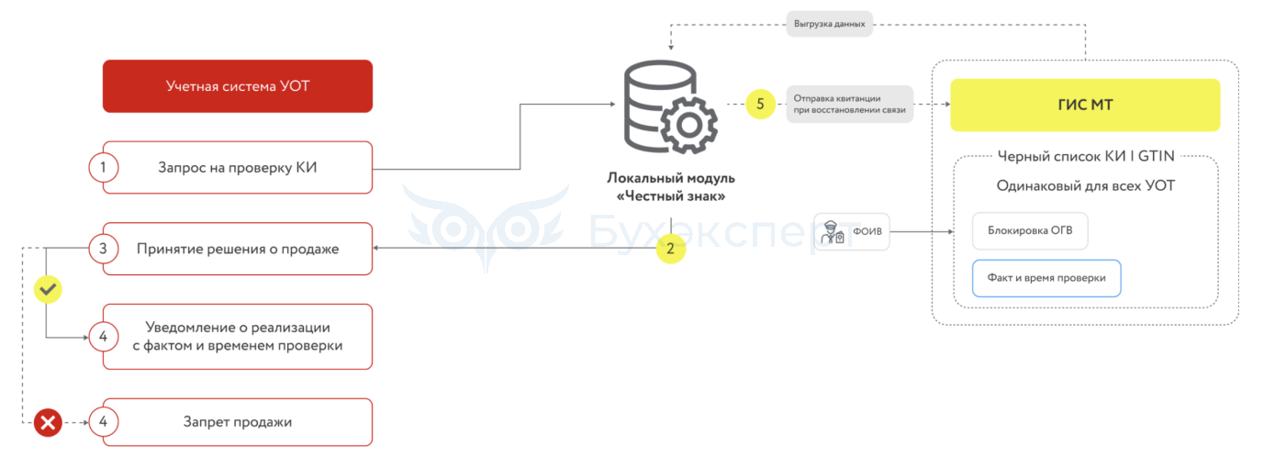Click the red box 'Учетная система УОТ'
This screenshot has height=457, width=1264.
point(238,86)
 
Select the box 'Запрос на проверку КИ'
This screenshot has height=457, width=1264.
point(238,168)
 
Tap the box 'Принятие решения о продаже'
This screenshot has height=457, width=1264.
point(238,249)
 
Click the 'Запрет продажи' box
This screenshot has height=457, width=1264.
point(238,422)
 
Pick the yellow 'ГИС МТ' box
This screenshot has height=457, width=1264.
point(1085,105)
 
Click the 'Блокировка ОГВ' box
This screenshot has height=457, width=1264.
point(1030,230)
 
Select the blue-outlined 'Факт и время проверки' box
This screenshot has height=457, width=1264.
point(1046,278)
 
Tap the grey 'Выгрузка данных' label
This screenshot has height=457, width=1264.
point(830,24)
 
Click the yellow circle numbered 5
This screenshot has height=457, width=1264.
point(760,104)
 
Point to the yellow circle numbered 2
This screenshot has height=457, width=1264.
point(670,249)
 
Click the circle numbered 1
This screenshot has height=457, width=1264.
point(103,168)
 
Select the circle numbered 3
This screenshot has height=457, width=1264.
point(103,249)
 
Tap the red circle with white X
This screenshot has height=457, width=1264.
point(48,422)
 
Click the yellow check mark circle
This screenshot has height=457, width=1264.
point(48,289)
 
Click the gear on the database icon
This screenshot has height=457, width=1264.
point(689,125)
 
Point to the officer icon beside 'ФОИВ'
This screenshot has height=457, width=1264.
point(833,232)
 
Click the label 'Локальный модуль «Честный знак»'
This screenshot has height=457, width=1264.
point(671,187)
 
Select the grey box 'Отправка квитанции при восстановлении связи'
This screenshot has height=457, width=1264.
point(849,104)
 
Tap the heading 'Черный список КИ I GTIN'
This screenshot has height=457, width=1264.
point(1086,156)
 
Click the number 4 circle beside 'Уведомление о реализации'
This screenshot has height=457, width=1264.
point(103,337)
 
